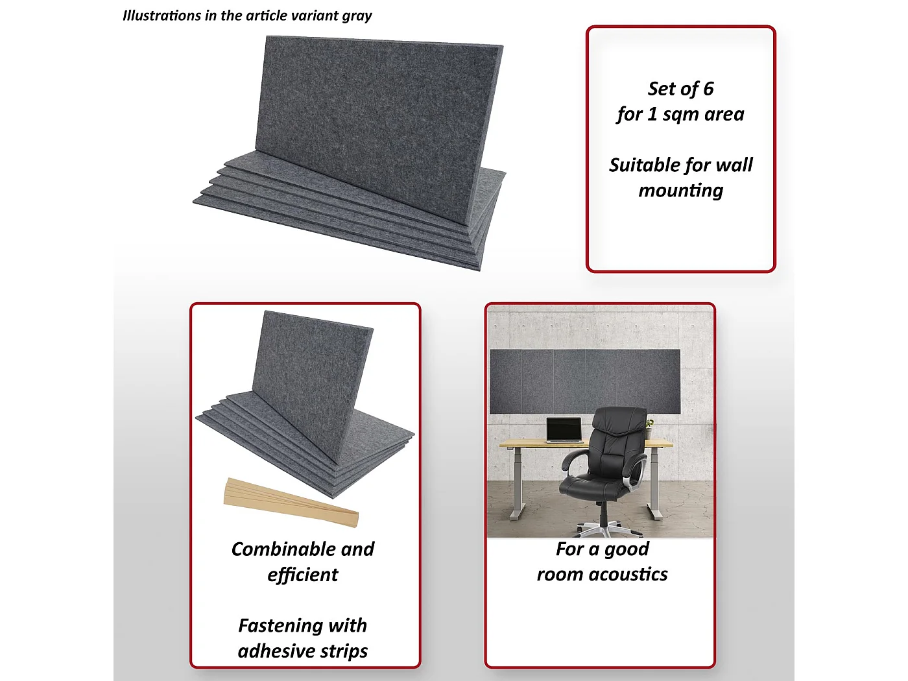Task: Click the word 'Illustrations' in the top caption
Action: (x=156, y=16)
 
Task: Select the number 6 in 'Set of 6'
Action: (x=709, y=89)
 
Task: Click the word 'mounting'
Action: (x=681, y=191)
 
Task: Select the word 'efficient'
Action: (x=303, y=575)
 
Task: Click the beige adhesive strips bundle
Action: (x=291, y=503)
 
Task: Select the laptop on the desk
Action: (x=564, y=431)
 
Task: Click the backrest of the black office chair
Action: (x=618, y=438)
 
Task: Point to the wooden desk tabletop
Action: (x=586, y=444)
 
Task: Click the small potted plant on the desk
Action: (x=649, y=428)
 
